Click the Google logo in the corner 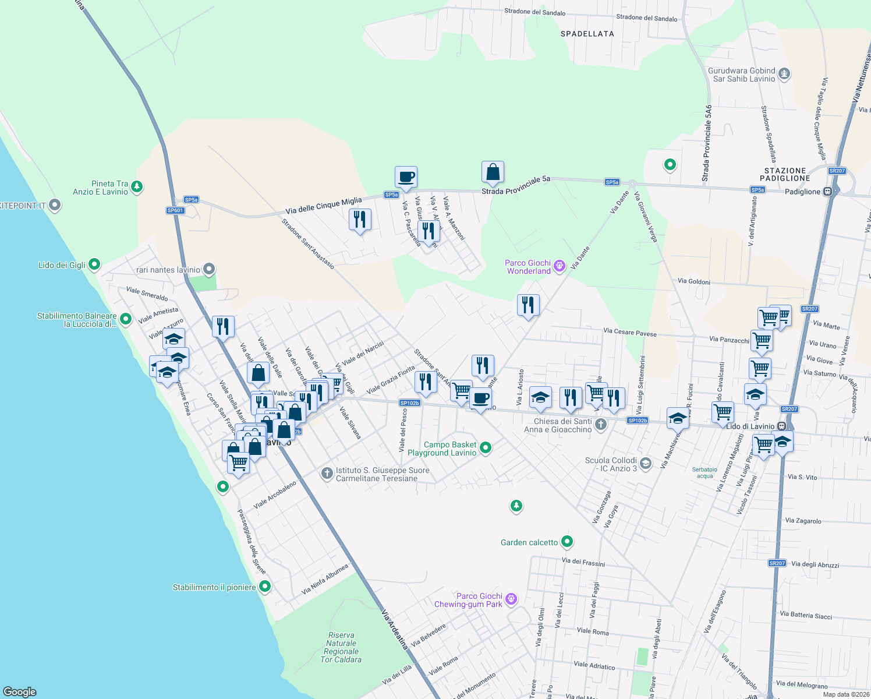tap(20, 691)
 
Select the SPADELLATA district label tap(587, 34)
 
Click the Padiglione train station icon tap(828, 192)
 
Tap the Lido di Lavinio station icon tap(782, 426)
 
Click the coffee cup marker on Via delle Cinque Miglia tap(406, 176)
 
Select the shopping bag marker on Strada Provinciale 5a tap(493, 172)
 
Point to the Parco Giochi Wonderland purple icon tap(560, 266)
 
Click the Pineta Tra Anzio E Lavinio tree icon tap(137, 187)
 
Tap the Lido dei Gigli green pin tap(94, 265)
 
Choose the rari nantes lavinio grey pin tap(210, 270)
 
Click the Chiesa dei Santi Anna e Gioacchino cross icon tap(601, 425)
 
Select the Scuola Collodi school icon tap(645, 464)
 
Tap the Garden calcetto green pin tap(567, 542)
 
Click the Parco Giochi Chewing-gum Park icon tap(511, 599)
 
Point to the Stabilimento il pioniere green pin tap(265, 587)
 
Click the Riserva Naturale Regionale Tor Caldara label tap(341, 647)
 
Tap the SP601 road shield tap(175, 210)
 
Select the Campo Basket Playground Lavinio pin tap(486, 448)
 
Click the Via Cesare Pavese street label tap(629, 332)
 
